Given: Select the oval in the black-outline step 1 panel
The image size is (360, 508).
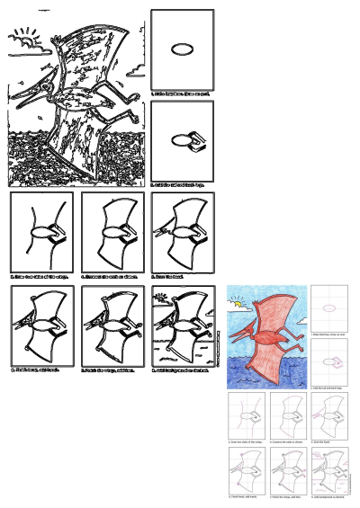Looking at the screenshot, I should point(182,49).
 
